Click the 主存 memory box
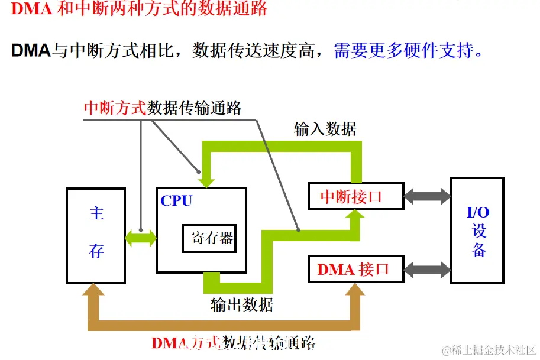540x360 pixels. [96, 235]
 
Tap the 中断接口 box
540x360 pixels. [355, 196]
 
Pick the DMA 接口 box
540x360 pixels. [355, 270]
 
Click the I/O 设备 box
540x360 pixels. [477, 231]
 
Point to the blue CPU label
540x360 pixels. [176, 201]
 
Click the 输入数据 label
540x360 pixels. [325, 129]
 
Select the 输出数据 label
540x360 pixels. [242, 305]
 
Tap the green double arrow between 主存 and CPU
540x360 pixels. [141, 238]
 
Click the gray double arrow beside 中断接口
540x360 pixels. [426, 196]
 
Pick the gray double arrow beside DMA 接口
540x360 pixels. [426, 270]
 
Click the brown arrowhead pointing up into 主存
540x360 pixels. [94, 290]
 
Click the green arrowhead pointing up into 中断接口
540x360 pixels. [355, 218]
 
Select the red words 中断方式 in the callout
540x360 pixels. [115, 108]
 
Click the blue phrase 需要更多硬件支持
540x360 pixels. [408, 50]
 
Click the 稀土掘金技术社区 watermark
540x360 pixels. [488, 350]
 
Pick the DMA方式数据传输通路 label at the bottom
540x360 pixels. [233, 342]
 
